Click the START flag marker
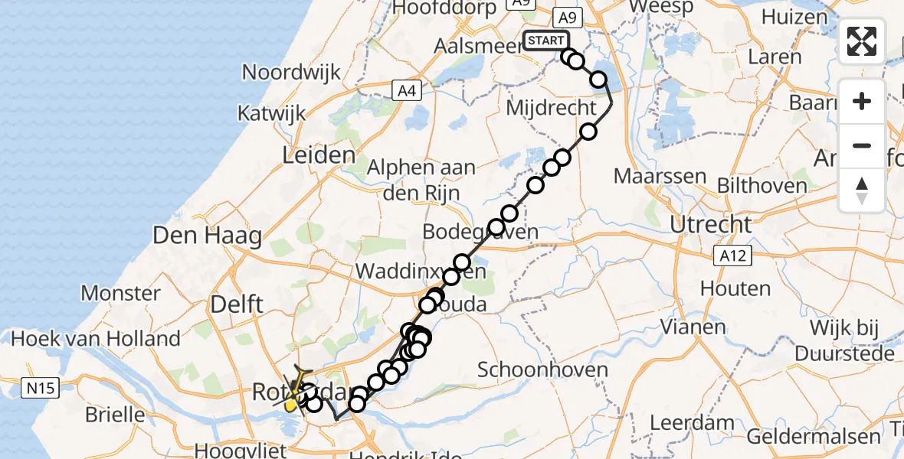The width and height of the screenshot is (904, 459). pyautogui.click(x=545, y=41)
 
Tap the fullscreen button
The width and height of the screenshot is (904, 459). pyautogui.click(x=862, y=41)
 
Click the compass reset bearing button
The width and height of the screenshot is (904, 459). pyautogui.click(x=862, y=190)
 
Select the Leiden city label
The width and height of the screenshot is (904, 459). pyautogui.click(x=318, y=156)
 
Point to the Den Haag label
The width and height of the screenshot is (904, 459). pyautogui.click(x=207, y=235)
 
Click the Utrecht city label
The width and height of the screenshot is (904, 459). pyautogui.click(x=711, y=225)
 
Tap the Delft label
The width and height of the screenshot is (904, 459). pyautogui.click(x=237, y=304)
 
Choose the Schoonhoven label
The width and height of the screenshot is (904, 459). pyautogui.click(x=543, y=370)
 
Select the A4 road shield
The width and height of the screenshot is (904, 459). pyautogui.click(x=408, y=92)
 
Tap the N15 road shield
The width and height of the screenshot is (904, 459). pyautogui.click(x=39, y=389)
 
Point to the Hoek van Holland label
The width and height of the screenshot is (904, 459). pyautogui.click(x=96, y=338)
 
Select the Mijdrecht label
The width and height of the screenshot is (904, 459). pyautogui.click(x=551, y=108)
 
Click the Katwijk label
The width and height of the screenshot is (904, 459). pyautogui.click(x=271, y=113)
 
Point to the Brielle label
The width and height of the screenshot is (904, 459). pyautogui.click(x=115, y=415)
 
